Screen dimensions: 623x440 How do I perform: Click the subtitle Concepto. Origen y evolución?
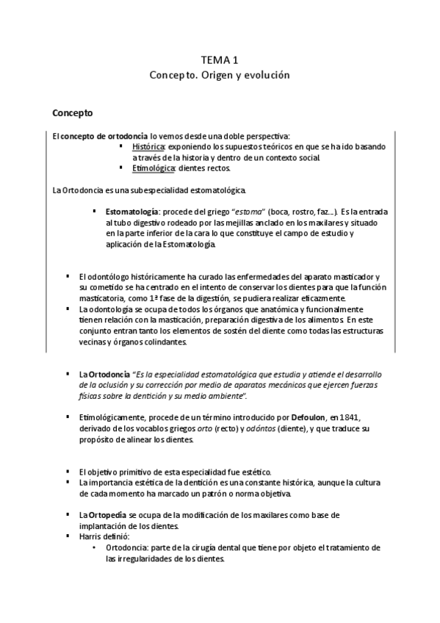tap(220, 75)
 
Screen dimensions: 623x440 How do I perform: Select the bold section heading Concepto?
tap(73, 114)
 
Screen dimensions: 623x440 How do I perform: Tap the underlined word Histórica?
tap(149, 146)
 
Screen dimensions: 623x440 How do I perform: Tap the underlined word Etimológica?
tap(154, 168)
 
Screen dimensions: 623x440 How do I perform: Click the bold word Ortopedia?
tap(108, 515)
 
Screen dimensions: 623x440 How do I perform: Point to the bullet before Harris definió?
tap(68, 537)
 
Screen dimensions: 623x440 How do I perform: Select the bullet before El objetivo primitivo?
tap(68, 471)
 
